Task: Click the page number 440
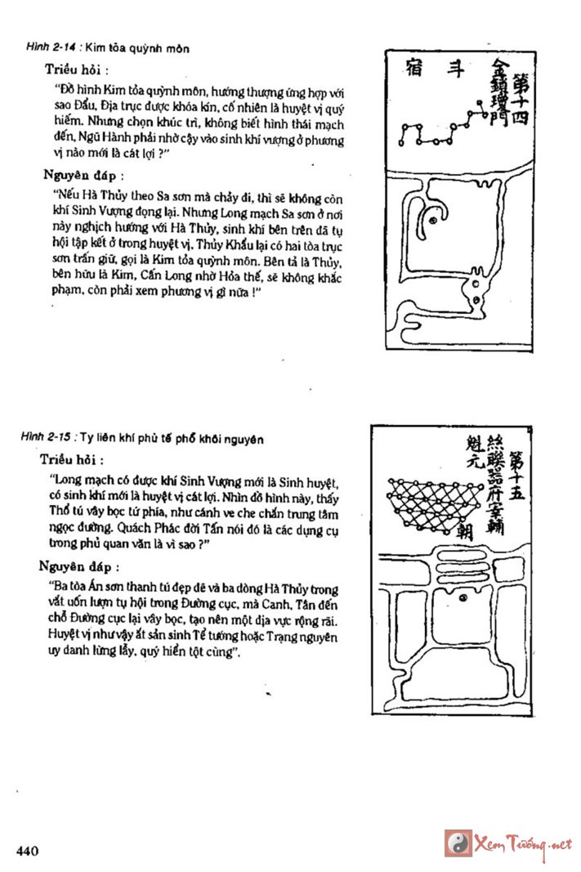pyautogui.click(x=27, y=851)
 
